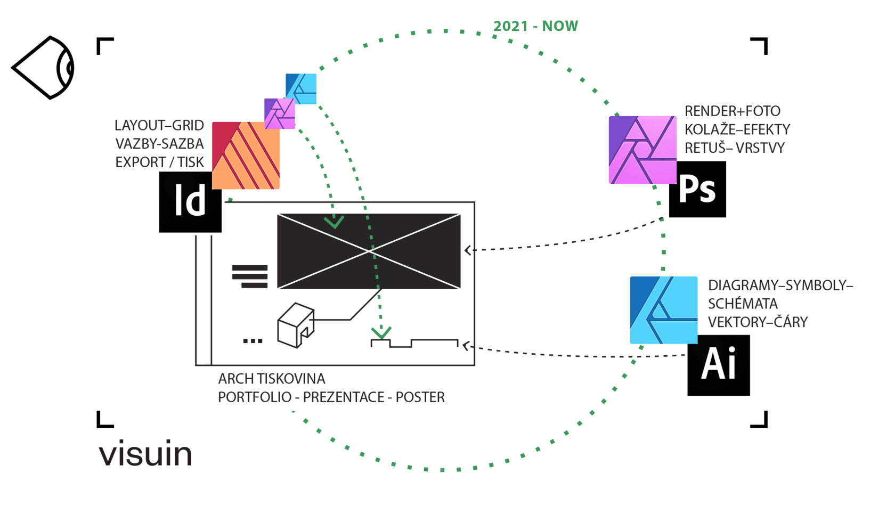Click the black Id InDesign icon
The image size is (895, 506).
190,202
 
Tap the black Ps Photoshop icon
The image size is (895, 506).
697,190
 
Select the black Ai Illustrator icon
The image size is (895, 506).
718,365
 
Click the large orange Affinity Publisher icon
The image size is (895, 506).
246,156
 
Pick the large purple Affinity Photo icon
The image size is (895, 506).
642,150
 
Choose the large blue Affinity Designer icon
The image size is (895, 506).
663,310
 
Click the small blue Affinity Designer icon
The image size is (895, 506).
301,88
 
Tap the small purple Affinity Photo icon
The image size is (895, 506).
279,113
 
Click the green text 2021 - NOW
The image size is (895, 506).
535,26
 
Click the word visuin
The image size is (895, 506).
145,454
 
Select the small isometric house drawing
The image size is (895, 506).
296,325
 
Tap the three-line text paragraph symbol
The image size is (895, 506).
250,276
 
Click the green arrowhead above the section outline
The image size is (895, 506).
381,333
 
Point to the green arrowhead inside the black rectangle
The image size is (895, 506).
334,222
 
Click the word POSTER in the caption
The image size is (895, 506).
420,397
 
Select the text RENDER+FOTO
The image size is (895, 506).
732,111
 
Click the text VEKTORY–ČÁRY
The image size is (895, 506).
758,322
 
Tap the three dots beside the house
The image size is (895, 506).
253,341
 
